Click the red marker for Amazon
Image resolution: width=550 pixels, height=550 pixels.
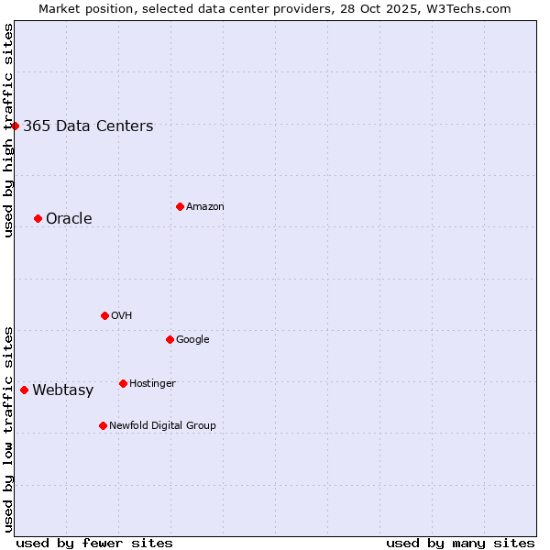click(180, 206)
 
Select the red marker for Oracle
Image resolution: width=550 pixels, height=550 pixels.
click(38, 218)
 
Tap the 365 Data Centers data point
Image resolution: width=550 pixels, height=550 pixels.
click(16, 126)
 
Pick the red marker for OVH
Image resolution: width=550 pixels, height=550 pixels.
click(104, 315)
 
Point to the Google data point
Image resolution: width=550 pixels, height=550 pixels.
click(170, 339)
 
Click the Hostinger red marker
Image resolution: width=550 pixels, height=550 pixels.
click(123, 383)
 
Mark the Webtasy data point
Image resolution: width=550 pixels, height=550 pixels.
click(24, 390)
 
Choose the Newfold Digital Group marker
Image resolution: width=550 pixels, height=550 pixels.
click(103, 425)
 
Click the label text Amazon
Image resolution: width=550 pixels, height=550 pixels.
click(205, 207)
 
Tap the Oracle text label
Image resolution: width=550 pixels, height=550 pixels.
click(69, 219)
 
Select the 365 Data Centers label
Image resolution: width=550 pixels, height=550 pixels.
click(88, 126)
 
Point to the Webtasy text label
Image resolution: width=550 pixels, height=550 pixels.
click(62, 390)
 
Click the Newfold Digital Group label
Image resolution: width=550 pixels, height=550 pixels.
click(162, 425)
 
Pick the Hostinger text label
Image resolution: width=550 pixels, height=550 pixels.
click(152, 383)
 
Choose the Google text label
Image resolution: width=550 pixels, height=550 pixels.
click(192, 339)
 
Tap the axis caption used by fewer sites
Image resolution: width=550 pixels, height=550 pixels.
click(94, 543)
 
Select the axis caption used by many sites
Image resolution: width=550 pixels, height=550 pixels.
click(460, 543)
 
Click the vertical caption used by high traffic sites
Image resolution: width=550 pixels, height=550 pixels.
click(8, 130)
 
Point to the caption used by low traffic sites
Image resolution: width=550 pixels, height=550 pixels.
click(8, 428)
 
